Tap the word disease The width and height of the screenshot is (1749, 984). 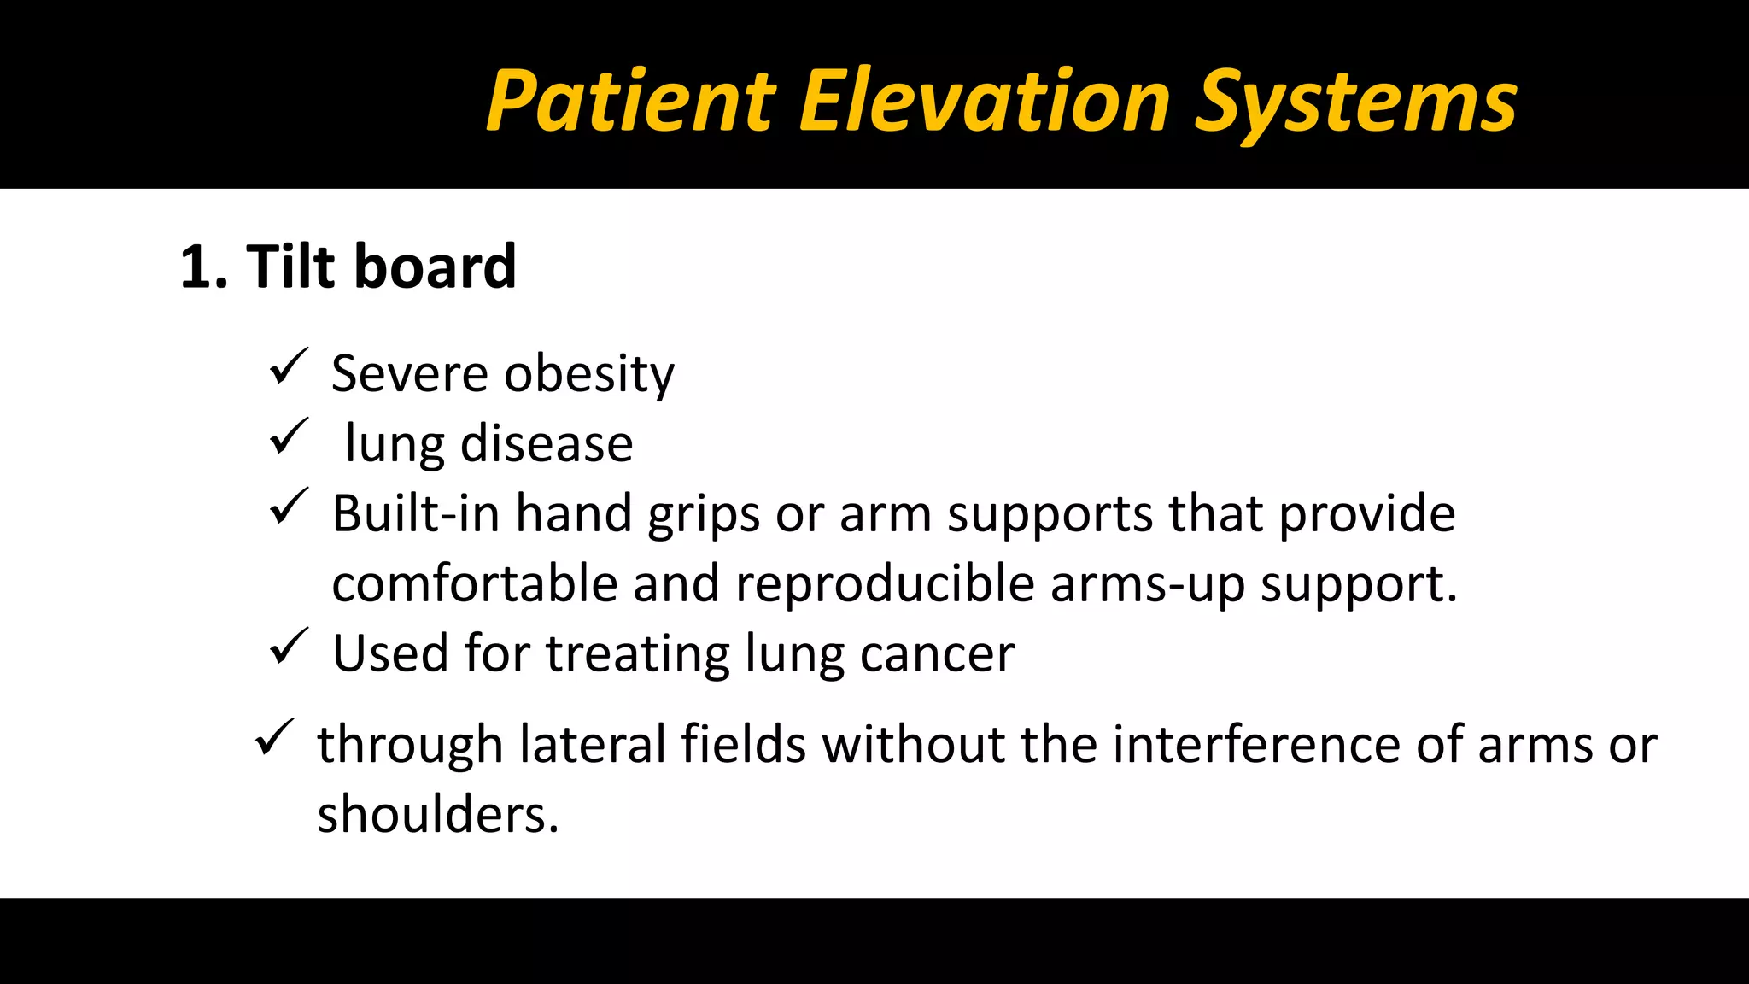click(x=547, y=444)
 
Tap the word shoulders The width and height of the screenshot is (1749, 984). click(x=437, y=814)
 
